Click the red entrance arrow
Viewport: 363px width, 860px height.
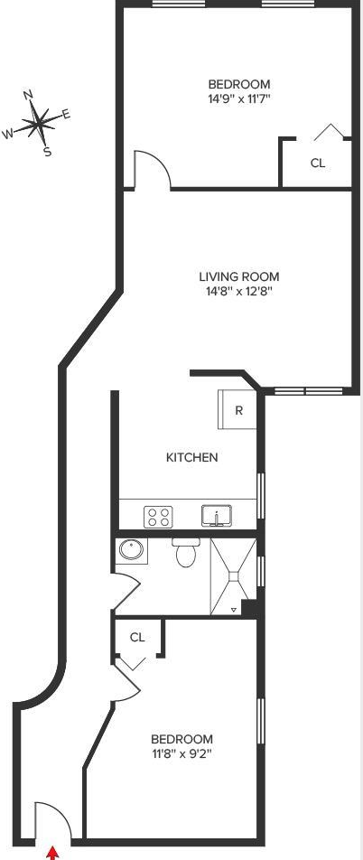click(52, 853)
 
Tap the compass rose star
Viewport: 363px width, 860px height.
click(37, 125)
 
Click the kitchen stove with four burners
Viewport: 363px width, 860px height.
click(159, 516)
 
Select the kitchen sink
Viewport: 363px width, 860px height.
click(217, 516)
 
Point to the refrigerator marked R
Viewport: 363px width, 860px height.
click(237, 410)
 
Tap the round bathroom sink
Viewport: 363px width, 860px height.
click(131, 548)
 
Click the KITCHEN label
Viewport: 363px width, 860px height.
click(192, 457)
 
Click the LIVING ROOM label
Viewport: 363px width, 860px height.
click(239, 276)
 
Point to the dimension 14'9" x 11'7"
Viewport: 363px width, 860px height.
click(239, 99)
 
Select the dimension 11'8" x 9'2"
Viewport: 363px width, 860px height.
click(181, 753)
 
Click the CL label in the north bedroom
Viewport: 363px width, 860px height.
click(318, 163)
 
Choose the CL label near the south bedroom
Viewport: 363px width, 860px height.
click(137, 637)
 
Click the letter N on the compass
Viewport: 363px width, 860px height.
click(29, 95)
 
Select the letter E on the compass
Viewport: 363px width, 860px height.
click(66, 114)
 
